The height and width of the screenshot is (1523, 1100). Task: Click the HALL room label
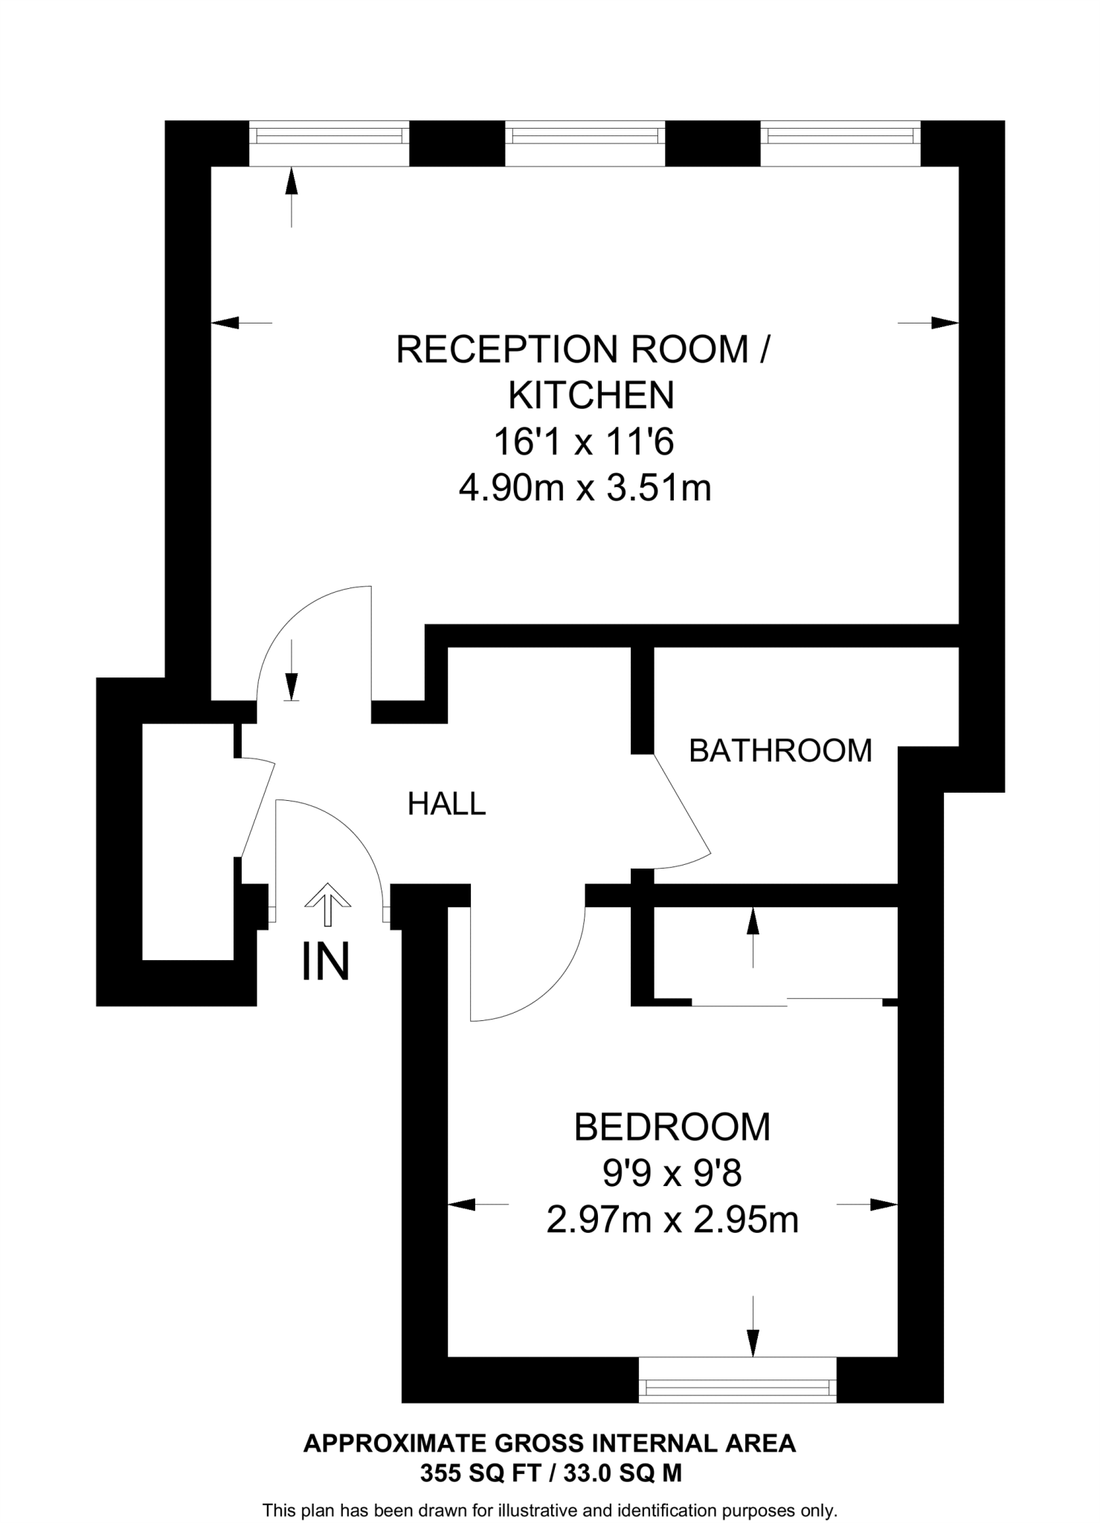[x=446, y=804]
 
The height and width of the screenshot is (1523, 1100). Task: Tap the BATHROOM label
[x=780, y=750]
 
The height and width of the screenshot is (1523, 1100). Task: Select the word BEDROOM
[x=672, y=1127]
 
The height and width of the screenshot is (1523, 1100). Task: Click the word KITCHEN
[x=591, y=396]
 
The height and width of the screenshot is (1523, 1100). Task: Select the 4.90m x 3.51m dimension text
[x=585, y=489]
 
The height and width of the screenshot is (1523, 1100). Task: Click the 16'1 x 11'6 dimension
[x=584, y=442]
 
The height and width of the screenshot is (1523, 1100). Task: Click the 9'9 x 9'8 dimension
[x=672, y=1174]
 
